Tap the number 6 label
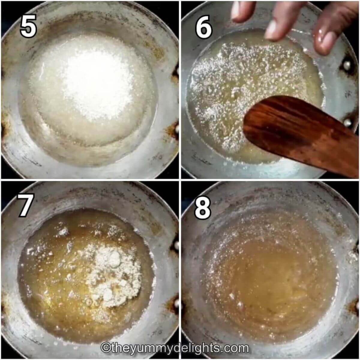203,27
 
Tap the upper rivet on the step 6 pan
347,65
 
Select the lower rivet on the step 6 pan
347,123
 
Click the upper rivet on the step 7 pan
176,245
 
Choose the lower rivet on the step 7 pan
176,304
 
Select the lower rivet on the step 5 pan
176,129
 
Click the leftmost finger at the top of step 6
243,11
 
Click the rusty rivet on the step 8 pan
356,306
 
